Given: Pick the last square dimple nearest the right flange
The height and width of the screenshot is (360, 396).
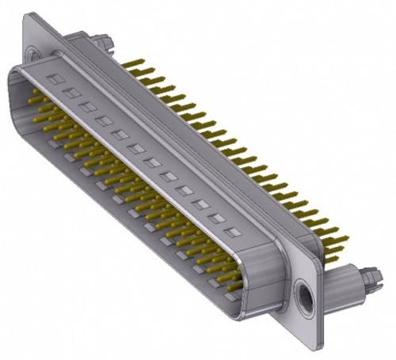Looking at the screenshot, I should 232,233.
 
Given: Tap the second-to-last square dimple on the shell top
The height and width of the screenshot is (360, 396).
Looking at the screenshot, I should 215,219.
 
